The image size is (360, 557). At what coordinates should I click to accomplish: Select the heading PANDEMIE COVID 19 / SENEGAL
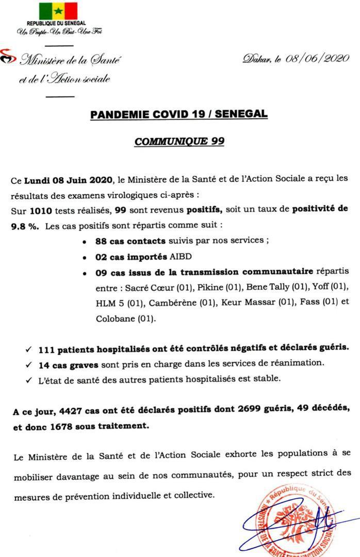(179, 114)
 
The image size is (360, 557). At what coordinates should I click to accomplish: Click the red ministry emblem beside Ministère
(7, 56)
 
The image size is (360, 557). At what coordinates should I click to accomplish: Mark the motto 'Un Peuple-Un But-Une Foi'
(59, 32)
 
